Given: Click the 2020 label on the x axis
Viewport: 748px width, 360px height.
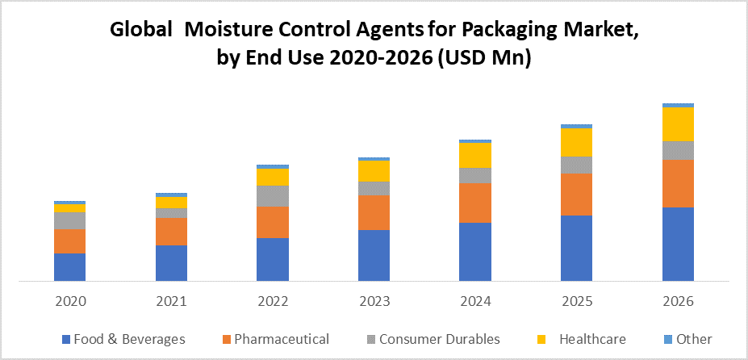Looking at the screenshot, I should click(x=70, y=301).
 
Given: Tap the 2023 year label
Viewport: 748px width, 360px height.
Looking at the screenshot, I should click(x=374, y=301).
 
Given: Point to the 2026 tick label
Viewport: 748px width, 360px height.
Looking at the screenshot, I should click(x=679, y=301).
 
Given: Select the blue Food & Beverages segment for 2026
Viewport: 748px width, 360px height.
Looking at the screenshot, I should click(x=679, y=244).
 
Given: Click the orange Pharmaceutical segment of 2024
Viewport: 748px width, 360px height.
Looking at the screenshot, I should click(x=475, y=203).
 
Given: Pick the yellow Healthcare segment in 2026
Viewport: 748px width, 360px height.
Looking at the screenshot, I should click(x=679, y=124).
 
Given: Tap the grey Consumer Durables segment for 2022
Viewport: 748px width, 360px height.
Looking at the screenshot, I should click(x=273, y=195).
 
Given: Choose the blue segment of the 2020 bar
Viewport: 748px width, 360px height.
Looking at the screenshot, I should click(x=70, y=266).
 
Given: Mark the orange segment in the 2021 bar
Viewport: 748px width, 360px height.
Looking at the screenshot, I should click(x=171, y=231).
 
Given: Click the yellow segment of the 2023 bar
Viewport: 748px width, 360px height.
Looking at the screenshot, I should click(x=374, y=171).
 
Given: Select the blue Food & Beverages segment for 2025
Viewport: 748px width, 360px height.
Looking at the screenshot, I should click(x=577, y=248).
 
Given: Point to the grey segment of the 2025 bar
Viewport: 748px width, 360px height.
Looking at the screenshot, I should click(x=577, y=165).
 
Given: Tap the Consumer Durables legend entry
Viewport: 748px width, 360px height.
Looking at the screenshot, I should click(x=439, y=339).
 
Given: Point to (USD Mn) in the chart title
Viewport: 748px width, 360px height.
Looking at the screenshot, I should click(x=483, y=59).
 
